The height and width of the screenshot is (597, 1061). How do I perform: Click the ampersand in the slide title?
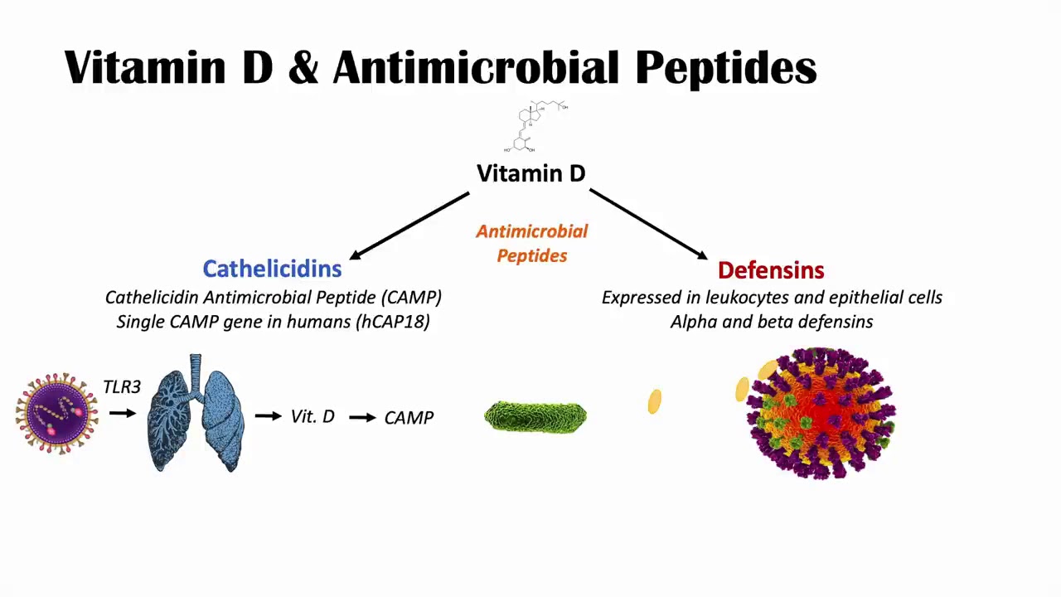pyautogui.click(x=303, y=67)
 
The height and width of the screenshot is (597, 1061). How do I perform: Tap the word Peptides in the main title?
pyautogui.click(x=726, y=69)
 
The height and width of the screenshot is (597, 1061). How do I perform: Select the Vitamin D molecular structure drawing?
pyautogui.click(x=535, y=127)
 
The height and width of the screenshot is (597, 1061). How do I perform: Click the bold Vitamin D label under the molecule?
pyautogui.click(x=531, y=173)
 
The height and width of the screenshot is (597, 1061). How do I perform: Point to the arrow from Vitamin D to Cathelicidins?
pyautogui.click(x=409, y=226)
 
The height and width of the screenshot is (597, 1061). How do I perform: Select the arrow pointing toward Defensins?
pyautogui.click(x=648, y=224)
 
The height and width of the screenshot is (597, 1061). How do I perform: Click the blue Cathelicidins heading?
pyautogui.click(x=273, y=269)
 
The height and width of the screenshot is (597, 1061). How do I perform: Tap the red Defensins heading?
pyautogui.click(x=771, y=270)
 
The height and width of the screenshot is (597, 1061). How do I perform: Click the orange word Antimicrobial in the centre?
pyautogui.click(x=532, y=231)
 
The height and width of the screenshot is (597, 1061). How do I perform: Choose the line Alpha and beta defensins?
pyautogui.click(x=772, y=322)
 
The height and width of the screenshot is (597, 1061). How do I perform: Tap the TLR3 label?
pyautogui.click(x=122, y=387)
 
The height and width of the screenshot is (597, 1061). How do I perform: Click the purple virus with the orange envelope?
pyautogui.click(x=57, y=414)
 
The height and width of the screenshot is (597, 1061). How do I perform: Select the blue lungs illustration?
pyautogui.click(x=196, y=413)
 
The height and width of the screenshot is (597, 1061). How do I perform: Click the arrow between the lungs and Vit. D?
pyautogui.click(x=268, y=416)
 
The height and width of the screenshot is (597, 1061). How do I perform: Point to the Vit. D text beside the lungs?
pyautogui.click(x=312, y=416)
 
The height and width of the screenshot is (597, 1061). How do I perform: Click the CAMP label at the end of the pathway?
pyautogui.click(x=409, y=418)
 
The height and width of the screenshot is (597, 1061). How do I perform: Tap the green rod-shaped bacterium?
pyautogui.click(x=535, y=416)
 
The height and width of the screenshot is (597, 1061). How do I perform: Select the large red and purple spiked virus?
pyautogui.click(x=821, y=413)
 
